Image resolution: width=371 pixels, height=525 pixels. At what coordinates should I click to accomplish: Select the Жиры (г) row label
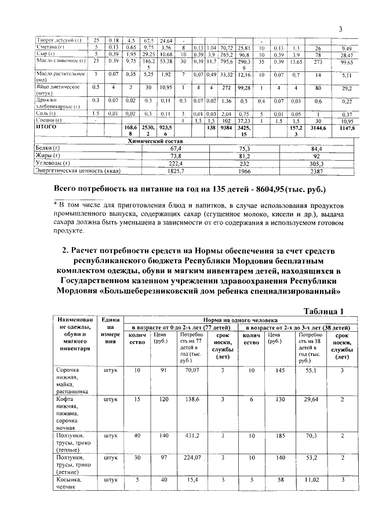[49, 156]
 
